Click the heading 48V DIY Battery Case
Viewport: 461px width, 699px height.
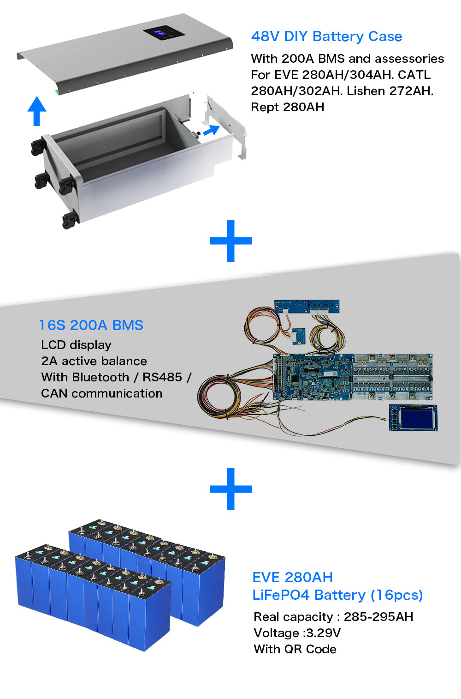point(326,36)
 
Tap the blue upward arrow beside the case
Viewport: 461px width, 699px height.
point(37,111)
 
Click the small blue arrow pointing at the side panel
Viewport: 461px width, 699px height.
point(211,130)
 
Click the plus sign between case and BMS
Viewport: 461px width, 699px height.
point(230,241)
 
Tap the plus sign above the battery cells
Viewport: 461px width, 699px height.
point(230,489)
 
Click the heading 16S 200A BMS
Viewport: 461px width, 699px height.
point(91,325)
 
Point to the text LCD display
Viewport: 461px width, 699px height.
point(76,345)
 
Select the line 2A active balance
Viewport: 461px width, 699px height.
point(94,361)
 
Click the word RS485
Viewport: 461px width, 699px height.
point(162,377)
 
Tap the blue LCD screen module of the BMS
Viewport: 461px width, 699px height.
point(413,417)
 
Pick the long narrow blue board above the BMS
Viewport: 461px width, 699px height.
point(307,306)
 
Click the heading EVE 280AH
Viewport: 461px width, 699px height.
point(292,577)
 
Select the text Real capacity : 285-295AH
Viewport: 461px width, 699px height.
point(333,617)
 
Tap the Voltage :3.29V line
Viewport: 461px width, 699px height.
point(297,633)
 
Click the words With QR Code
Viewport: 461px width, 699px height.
point(295,649)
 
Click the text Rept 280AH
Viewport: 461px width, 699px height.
point(287,107)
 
